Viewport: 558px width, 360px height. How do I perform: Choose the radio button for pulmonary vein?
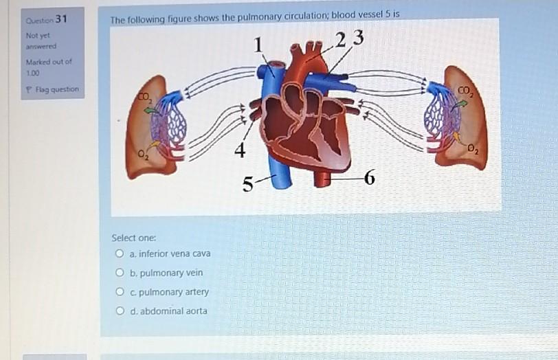(120, 273)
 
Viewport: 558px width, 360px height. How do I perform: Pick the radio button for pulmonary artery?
(120, 292)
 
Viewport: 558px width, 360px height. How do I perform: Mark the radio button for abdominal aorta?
(120, 311)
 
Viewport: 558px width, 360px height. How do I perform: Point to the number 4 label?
(238, 150)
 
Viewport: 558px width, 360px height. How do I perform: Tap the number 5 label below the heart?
(248, 184)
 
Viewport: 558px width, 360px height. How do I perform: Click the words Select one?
(134, 238)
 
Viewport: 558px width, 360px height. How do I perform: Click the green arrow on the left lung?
(152, 110)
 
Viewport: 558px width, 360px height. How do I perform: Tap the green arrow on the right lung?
(461, 104)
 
